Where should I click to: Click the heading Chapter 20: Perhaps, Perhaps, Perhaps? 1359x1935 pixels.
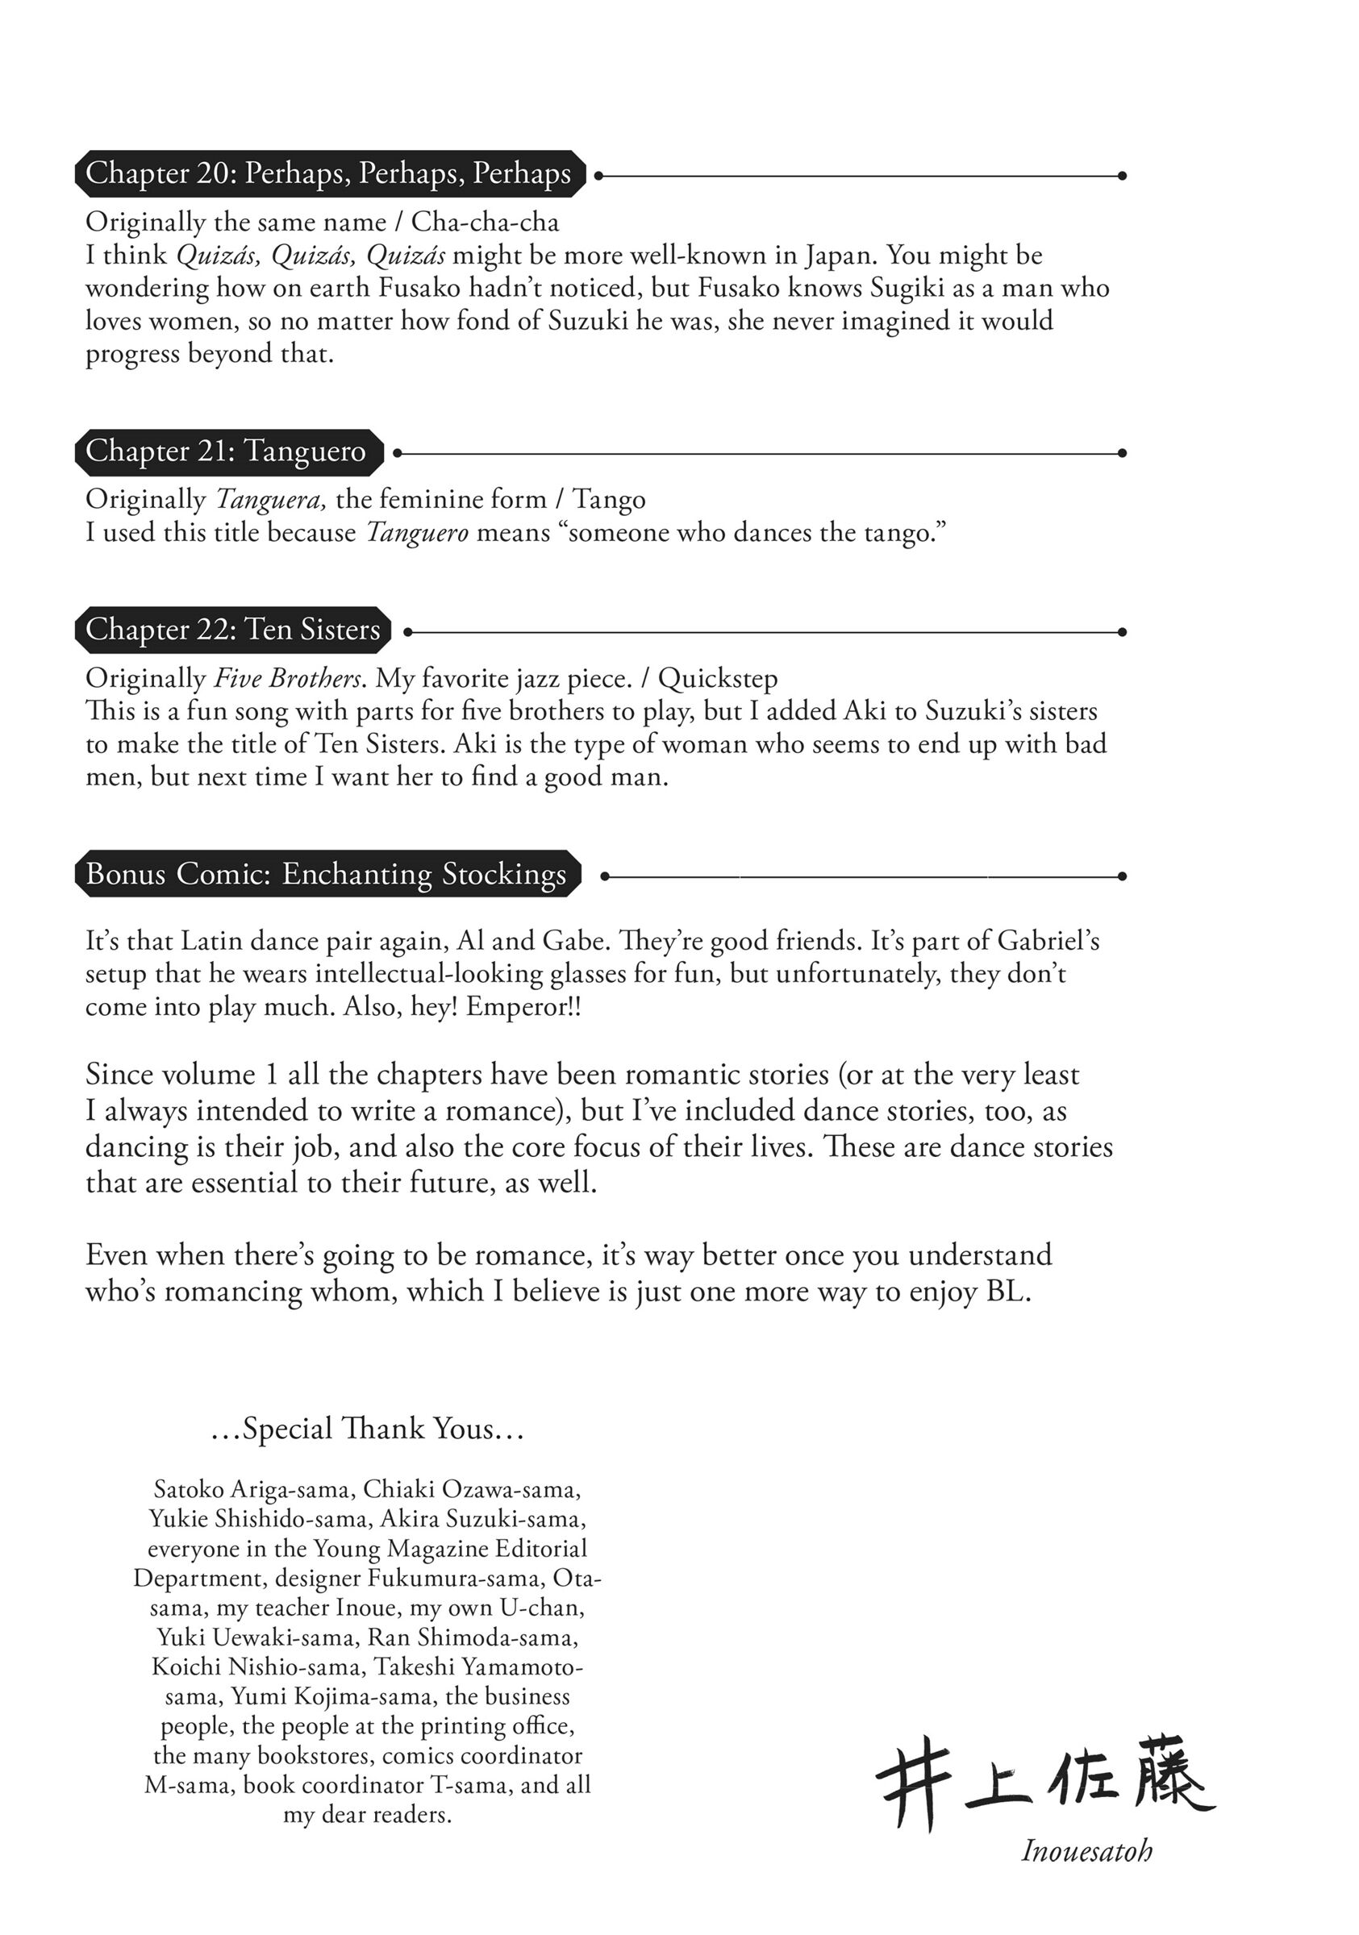pos(329,173)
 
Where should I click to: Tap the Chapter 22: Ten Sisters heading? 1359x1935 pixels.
pos(232,630)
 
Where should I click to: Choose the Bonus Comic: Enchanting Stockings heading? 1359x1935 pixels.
pos(327,874)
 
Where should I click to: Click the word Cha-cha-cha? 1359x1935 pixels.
pos(485,222)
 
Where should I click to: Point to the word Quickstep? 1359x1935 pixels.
pos(718,677)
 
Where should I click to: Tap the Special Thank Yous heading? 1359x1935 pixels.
pos(367,1429)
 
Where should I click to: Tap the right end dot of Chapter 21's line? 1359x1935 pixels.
pos(1122,453)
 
